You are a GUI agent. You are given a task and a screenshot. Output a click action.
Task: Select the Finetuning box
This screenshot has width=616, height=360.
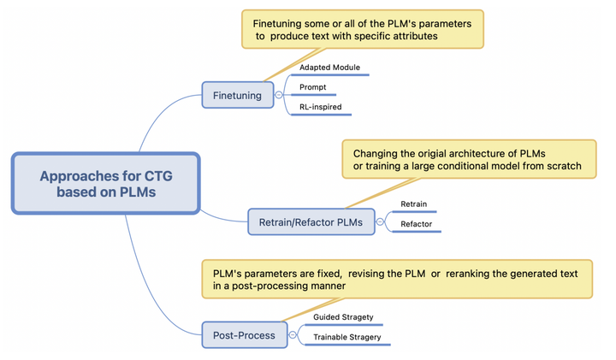(x=237, y=95)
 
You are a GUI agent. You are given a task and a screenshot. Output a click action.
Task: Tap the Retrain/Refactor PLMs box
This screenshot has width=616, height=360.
(x=311, y=223)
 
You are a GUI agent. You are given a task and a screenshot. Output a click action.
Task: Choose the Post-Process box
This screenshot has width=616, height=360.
(x=244, y=335)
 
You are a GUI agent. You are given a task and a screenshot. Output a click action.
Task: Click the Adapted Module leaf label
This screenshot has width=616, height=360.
(x=329, y=67)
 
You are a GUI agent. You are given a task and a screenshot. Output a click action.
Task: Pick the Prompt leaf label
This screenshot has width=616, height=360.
(x=312, y=87)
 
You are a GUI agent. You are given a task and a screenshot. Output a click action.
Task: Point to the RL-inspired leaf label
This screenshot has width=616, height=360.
(x=320, y=107)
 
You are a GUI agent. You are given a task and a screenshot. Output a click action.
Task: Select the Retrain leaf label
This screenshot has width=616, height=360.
(x=413, y=204)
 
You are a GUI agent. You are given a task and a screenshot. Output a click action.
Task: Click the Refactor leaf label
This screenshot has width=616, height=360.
(x=416, y=224)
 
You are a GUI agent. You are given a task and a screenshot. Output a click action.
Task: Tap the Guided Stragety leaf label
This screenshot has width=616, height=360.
(x=343, y=317)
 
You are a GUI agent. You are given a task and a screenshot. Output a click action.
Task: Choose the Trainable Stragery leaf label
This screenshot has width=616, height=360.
(x=346, y=337)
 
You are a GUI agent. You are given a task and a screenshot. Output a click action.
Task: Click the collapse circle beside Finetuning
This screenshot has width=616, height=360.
(x=279, y=95)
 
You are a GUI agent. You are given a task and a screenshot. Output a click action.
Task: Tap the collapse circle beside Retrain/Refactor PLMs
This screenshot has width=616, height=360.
(x=381, y=223)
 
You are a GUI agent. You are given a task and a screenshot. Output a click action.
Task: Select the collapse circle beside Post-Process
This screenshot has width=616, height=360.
(x=293, y=335)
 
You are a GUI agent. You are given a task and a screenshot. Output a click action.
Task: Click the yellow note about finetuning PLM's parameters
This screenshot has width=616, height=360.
(x=362, y=29)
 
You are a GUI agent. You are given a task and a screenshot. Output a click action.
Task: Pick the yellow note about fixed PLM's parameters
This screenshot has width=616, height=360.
(x=396, y=279)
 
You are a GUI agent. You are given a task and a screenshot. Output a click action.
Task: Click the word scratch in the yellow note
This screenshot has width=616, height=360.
(x=561, y=166)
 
